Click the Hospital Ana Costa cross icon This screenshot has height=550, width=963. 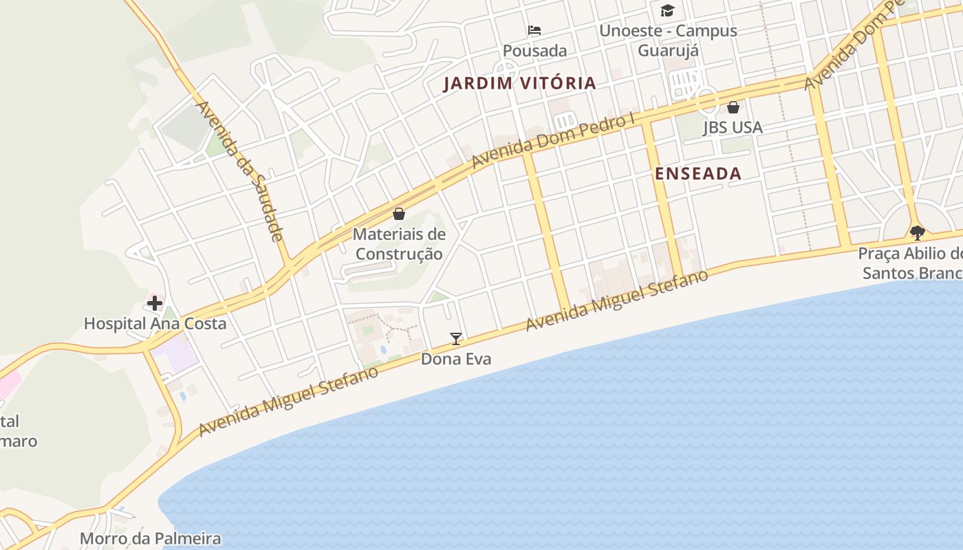point(155,302)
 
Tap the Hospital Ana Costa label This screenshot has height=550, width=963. point(155,323)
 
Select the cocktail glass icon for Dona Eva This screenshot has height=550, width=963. point(455,338)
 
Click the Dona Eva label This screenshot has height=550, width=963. point(456,359)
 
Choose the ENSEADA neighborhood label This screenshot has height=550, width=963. point(698,174)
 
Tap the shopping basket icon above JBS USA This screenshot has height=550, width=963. point(733,107)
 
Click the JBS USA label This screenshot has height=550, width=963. point(733,128)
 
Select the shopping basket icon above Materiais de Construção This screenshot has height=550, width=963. point(399,214)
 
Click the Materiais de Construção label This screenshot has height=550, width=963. point(399,244)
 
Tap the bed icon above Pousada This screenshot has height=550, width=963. point(534,30)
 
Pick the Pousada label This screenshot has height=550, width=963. point(534,51)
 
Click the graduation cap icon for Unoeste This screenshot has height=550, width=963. point(667,10)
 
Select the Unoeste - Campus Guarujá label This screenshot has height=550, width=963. point(668,41)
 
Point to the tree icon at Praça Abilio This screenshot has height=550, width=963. point(917,232)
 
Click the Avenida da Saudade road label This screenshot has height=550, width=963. point(240,171)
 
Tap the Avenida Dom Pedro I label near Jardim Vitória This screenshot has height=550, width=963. point(553,141)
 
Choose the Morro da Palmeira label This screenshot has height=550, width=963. point(151,538)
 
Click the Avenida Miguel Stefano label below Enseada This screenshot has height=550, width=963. point(616,300)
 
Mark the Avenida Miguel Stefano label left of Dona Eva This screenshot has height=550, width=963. point(288,401)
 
